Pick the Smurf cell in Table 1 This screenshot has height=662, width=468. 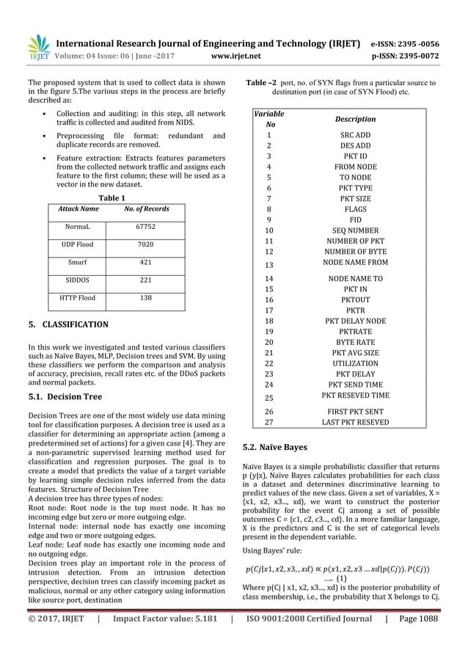(x=76, y=262)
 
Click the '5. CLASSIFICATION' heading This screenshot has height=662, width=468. (x=67, y=324)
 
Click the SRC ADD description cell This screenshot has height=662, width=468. (x=355, y=136)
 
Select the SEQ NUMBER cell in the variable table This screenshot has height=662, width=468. (x=355, y=230)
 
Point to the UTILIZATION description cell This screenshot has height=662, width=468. (x=355, y=363)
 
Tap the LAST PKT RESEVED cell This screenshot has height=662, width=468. (x=355, y=422)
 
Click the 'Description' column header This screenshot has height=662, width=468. (x=355, y=119)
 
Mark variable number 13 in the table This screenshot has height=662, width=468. (x=268, y=265)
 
